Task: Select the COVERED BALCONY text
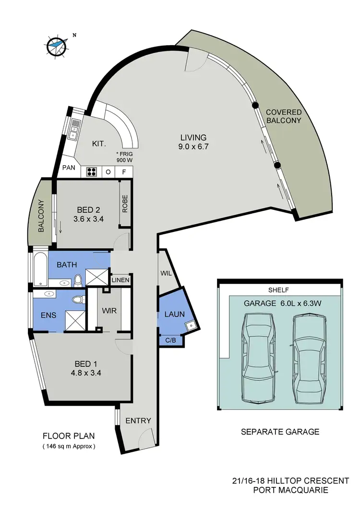[x=284, y=116]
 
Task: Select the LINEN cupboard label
[x=120, y=280]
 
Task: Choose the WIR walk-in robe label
[x=109, y=310]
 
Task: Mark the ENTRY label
[x=138, y=421]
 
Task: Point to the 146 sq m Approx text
[x=69, y=446]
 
